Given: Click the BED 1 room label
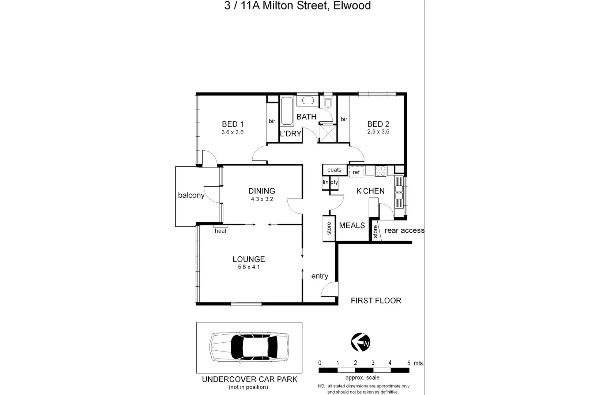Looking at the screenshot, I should point(233,124).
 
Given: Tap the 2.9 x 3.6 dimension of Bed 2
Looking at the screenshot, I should point(378,132).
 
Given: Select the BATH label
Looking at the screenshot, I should point(306,117).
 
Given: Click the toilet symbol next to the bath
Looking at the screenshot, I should point(328,103).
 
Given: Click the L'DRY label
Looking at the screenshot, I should point(291,134).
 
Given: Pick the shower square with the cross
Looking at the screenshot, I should point(328,133).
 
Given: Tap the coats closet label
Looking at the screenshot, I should point(334,170).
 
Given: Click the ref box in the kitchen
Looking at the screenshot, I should point(356,172).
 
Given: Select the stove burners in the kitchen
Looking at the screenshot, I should point(381,171).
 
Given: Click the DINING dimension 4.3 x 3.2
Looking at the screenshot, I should point(262,199).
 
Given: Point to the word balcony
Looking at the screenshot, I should point(191,195).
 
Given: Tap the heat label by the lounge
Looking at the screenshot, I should point(220,231).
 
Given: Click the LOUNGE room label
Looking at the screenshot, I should point(249,259).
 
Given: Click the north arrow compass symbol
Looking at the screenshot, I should point(361,342).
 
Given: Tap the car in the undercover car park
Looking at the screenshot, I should point(249,347).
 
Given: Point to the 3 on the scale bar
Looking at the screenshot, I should point(373,363).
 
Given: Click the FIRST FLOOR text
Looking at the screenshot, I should point(376,301).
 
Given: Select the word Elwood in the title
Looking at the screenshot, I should point(352,5).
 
